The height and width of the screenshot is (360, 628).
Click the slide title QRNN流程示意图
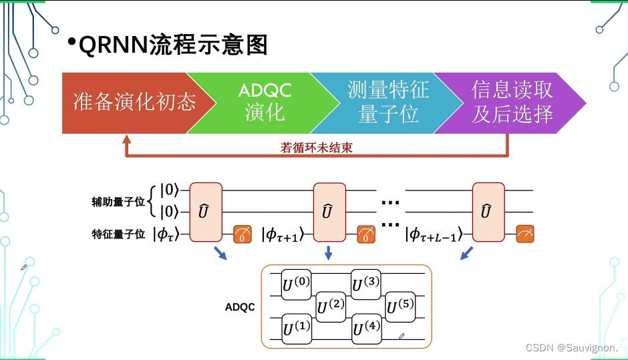[172, 45]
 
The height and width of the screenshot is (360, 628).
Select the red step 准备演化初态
[134, 102]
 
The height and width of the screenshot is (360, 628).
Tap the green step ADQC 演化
[265, 102]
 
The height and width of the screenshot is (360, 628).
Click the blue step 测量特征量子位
[388, 102]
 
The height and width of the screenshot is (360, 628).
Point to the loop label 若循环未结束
[316, 148]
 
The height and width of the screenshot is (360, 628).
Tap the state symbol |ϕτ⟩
[167, 234]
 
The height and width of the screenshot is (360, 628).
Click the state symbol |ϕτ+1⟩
[283, 234]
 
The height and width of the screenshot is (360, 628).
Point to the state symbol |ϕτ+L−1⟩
[438, 234]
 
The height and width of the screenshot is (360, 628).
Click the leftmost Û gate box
[206, 212]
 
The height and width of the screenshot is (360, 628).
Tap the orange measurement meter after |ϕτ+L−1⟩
[524, 234]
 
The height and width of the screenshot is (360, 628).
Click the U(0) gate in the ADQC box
[296, 286]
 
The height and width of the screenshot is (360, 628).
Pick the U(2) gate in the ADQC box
[331, 307]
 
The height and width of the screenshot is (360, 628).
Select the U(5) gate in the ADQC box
[401, 307]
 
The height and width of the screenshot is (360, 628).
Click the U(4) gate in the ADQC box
[366, 329]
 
